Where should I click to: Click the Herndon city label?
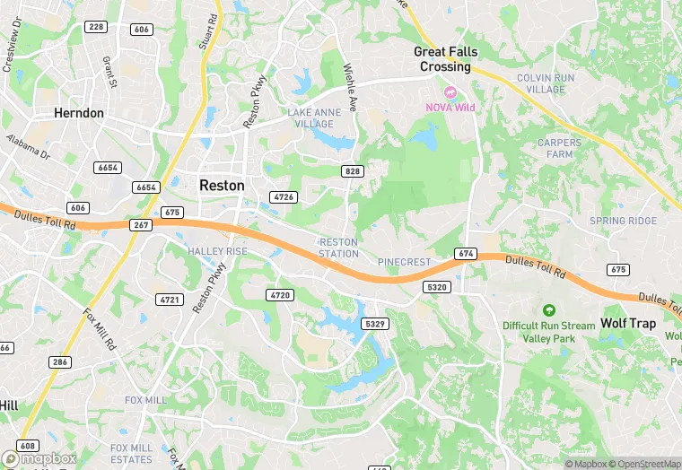coord(79,114)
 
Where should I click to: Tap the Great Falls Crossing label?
coord(445,59)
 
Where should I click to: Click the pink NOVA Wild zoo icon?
coord(450,91)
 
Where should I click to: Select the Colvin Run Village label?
coord(554,83)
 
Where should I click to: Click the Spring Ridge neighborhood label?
coord(623,221)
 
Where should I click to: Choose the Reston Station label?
coord(339,248)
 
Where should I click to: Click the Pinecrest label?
coord(404,262)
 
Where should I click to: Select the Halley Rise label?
coord(217,252)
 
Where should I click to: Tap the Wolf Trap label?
coord(628,323)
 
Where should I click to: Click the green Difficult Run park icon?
coord(548,310)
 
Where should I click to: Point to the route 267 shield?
coord(142,226)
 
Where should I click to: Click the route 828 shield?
coord(352,170)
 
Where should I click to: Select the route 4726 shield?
coord(284,196)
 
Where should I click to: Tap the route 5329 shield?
coord(375,323)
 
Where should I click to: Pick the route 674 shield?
coord(465,254)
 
